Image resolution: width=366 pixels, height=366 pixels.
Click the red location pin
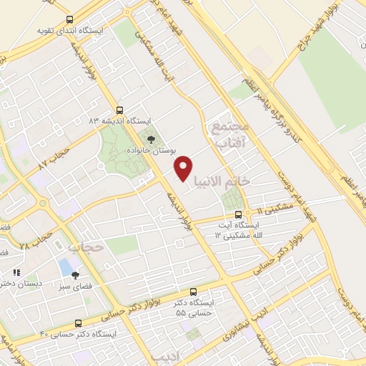pos(184,168)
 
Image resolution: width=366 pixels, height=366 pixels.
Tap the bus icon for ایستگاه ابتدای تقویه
pos(69,20)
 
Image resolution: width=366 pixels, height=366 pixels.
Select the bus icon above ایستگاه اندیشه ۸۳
pos(119,110)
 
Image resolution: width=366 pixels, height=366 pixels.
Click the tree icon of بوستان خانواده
pos(150,139)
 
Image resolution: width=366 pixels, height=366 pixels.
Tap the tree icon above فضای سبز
pos(75,275)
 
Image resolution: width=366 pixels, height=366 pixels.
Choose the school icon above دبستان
pos(16,272)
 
